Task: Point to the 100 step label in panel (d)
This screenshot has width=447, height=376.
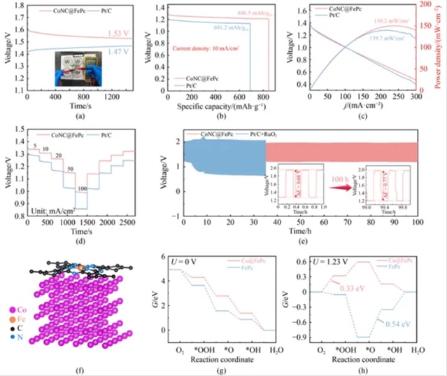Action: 83,188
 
